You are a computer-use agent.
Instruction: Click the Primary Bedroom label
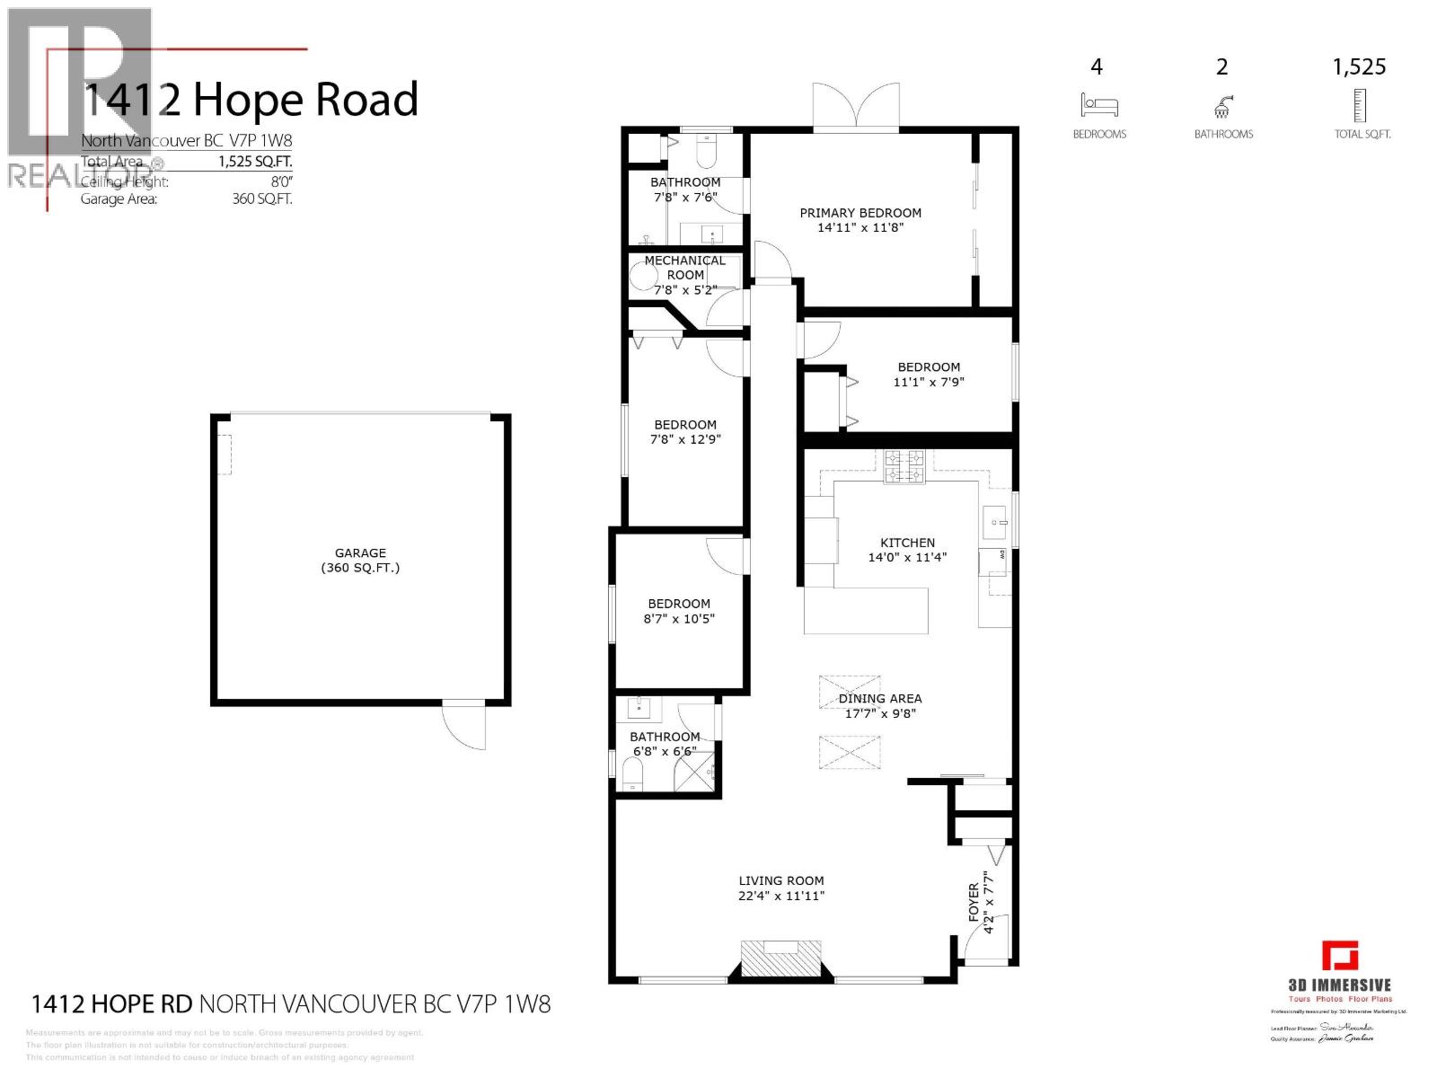pyautogui.click(x=860, y=213)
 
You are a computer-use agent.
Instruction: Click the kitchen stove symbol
pyautogui.click(x=904, y=467)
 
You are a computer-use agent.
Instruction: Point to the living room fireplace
pyautogui.click(x=780, y=958)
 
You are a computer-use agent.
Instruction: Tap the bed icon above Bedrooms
pyautogui.click(x=1099, y=105)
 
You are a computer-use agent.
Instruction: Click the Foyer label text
pyautogui.click(x=974, y=901)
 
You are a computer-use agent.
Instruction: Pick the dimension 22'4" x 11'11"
pyautogui.click(x=781, y=896)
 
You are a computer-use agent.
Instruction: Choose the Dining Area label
pyautogui.click(x=880, y=698)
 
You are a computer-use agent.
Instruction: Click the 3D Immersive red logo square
pyautogui.click(x=1339, y=956)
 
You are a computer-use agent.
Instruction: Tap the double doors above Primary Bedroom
pyautogui.click(x=856, y=108)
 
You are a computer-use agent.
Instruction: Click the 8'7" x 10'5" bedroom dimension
pyautogui.click(x=679, y=619)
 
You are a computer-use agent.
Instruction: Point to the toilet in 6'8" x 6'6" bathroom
pyautogui.click(x=633, y=773)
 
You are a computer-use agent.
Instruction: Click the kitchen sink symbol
pyautogui.click(x=995, y=520)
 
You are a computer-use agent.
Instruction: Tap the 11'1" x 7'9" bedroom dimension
pyautogui.click(x=929, y=382)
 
